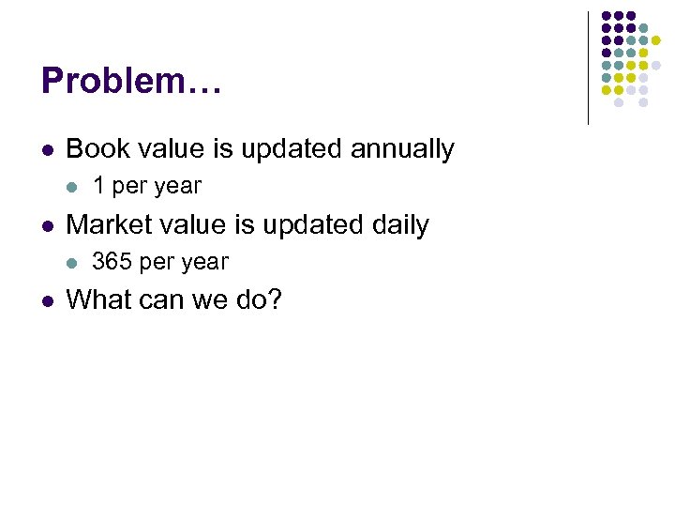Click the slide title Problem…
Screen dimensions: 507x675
point(131,81)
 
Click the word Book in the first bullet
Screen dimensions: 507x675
point(94,148)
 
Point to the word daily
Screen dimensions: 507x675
point(398,224)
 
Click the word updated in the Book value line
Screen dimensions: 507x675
point(292,148)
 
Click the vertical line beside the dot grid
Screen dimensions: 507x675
point(588,68)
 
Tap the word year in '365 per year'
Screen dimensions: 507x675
point(205,263)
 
